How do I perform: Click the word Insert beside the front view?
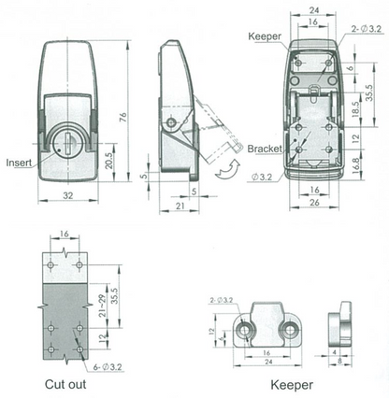(18, 161)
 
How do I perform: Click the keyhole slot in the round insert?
(64, 145)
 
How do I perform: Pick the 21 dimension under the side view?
(178, 204)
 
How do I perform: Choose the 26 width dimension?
(314, 202)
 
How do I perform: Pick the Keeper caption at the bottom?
(290, 384)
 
